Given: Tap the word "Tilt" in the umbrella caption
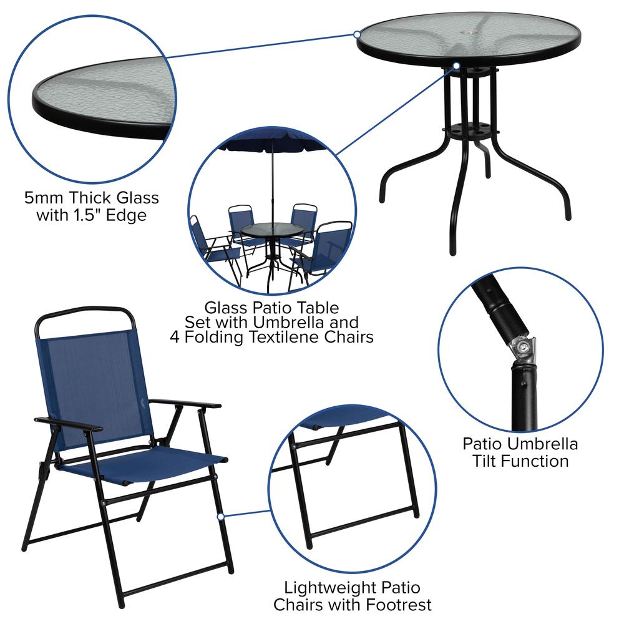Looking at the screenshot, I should click(487, 461).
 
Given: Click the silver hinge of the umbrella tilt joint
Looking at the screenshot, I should click(523, 349).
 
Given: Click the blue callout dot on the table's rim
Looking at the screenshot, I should click(357, 34).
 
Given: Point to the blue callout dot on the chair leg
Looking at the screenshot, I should click(220, 517).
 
